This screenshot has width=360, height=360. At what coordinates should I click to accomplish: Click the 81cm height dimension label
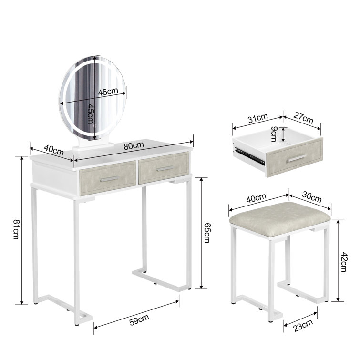16,229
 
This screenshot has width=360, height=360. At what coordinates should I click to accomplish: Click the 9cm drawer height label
273,134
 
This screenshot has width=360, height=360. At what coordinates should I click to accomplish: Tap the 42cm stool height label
343,260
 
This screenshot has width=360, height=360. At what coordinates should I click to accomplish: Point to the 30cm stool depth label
310,196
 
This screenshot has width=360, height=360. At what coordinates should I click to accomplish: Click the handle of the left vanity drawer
109,178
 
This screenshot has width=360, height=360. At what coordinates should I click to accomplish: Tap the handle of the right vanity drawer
165,168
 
